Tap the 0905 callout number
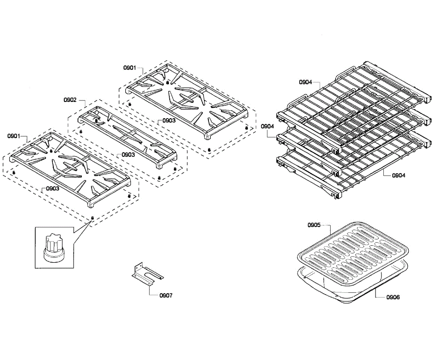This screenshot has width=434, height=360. [x=314, y=225]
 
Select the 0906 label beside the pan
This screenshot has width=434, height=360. [x=393, y=297]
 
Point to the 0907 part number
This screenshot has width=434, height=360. [x=166, y=295]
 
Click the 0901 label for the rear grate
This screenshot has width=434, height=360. [x=129, y=68]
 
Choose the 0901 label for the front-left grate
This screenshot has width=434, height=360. [x=14, y=136]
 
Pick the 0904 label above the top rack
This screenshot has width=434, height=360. [x=305, y=82]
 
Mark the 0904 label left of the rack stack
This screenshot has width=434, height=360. [x=267, y=126]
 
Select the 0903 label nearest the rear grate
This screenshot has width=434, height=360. [x=169, y=120]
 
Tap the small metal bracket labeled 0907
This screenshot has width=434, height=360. [x=146, y=274]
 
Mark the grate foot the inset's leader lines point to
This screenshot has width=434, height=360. [x=92, y=218]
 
